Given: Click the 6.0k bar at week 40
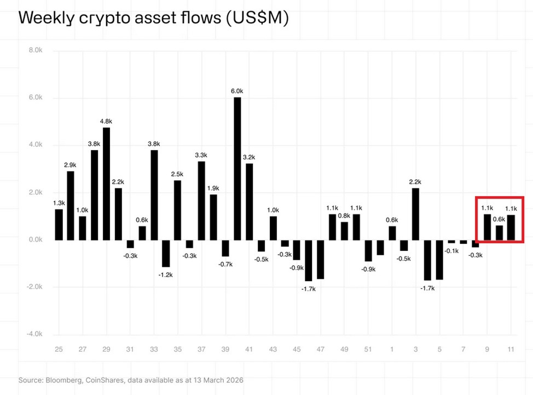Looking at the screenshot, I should tap(237, 169).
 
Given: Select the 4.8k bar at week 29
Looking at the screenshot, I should tap(106, 184).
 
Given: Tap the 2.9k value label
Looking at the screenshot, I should tap(71, 165).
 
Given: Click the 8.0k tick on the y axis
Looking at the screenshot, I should tap(34, 50).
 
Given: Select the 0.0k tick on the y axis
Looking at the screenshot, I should tap(34, 239).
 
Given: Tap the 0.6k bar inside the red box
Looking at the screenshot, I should tap(499, 233).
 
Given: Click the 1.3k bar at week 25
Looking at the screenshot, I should tap(59, 225).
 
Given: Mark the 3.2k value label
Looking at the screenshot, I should tap(249, 157).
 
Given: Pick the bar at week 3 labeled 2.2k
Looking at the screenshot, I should tap(416, 214).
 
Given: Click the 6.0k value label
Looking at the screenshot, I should tap(237, 91).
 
